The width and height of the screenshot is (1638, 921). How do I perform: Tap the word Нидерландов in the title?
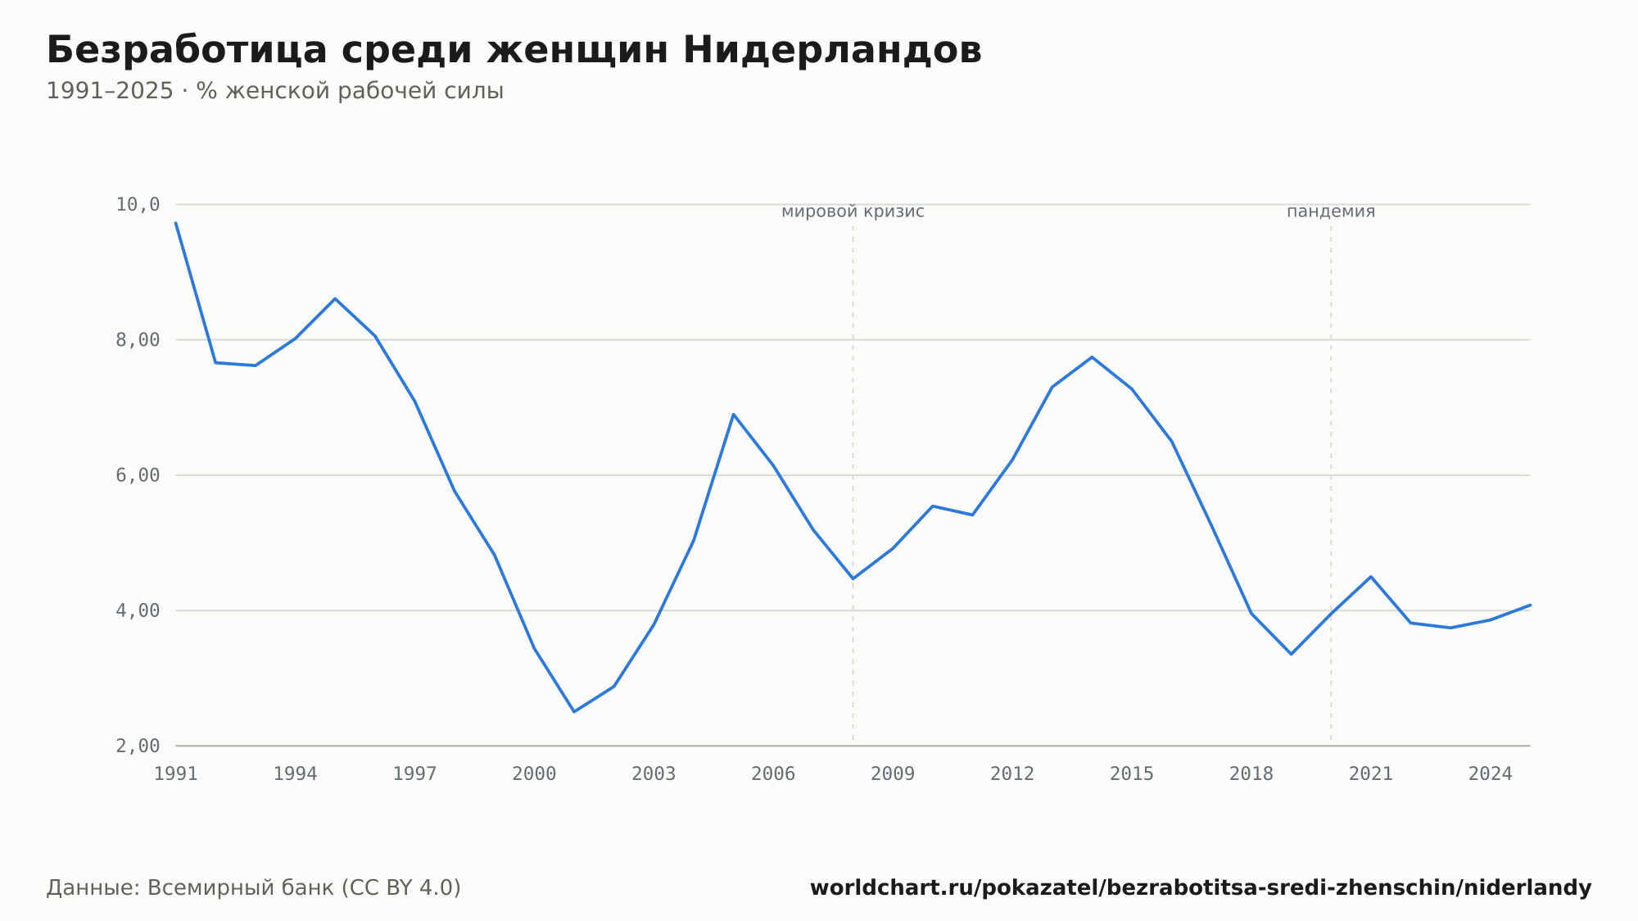[x=832, y=50]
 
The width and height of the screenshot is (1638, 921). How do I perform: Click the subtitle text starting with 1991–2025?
[x=274, y=91]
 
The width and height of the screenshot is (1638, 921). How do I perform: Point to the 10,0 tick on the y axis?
[x=138, y=204]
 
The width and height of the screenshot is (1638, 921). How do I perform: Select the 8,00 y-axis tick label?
[x=138, y=340]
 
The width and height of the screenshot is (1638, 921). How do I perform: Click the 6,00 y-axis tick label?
[x=138, y=475]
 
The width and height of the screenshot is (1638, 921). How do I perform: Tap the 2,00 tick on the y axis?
[x=138, y=746]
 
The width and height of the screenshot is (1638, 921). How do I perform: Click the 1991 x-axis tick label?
[x=176, y=774]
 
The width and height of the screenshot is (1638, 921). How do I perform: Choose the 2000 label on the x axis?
[x=534, y=774]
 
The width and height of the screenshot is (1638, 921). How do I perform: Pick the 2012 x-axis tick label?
[x=1012, y=774]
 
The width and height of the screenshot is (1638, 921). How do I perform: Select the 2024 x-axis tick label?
[x=1491, y=774]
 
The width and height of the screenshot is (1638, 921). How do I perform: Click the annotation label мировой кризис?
[x=853, y=211]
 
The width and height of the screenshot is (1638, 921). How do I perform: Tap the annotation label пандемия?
[x=1331, y=211]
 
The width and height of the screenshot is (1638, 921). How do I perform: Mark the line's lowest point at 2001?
[x=574, y=711]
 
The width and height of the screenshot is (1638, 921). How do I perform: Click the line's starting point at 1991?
[x=176, y=223]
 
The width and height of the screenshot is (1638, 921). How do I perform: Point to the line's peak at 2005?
[x=734, y=414]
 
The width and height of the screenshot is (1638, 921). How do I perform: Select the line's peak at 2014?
[x=1092, y=357]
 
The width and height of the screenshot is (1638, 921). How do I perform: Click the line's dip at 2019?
[x=1292, y=654]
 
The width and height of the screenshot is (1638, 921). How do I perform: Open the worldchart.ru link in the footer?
[x=1201, y=887]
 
